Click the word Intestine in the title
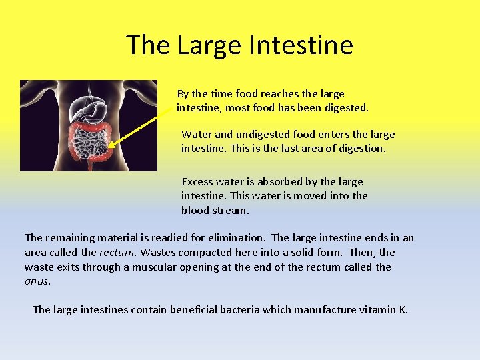(301, 45)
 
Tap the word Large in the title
(210, 45)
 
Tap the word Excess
(197, 181)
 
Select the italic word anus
(37, 281)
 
